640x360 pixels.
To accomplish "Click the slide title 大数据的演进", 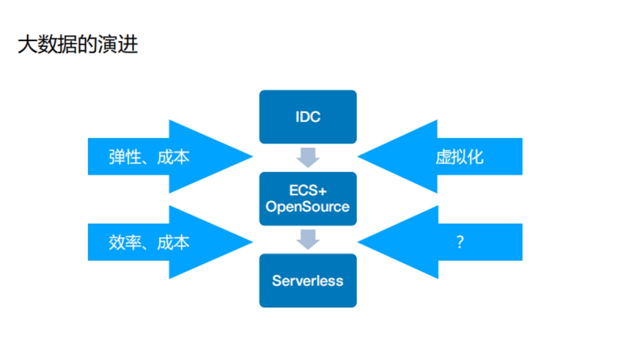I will click(78, 45).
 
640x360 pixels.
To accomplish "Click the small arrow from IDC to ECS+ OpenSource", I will click(308, 157).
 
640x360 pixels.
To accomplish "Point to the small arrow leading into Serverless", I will click(308, 239).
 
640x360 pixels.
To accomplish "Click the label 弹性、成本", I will click(149, 157).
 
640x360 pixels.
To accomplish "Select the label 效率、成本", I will click(149, 243).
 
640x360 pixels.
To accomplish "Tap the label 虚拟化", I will click(459, 157).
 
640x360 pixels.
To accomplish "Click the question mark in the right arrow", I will click(460, 243).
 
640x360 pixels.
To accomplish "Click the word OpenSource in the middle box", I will click(308, 207).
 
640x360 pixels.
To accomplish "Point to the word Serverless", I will click(308, 281).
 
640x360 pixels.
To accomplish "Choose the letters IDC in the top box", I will click(308, 117).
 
